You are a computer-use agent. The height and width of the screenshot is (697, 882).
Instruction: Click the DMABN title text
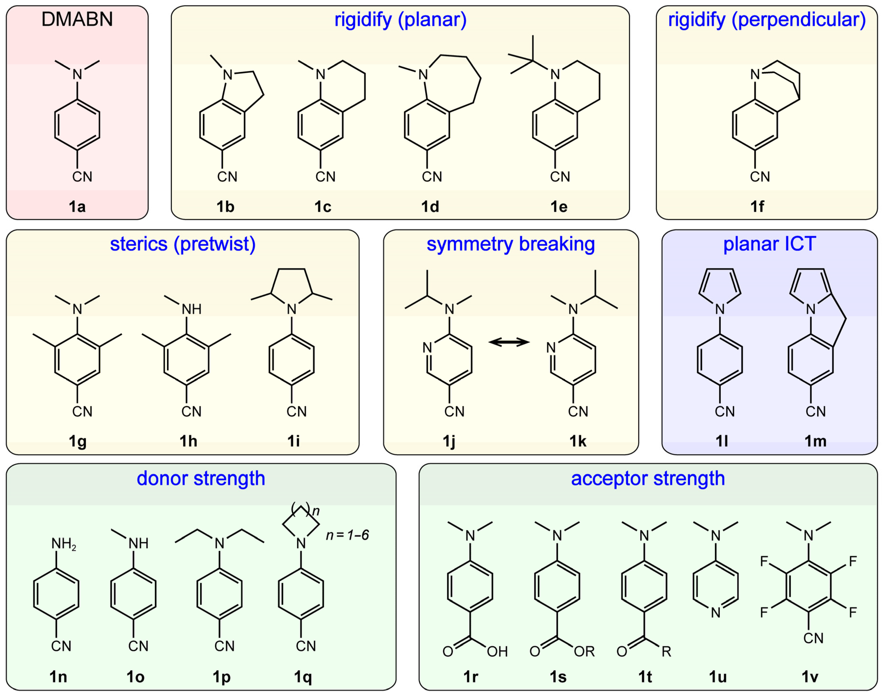point(77,20)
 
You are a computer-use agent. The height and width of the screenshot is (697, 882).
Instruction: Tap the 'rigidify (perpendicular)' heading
point(767,20)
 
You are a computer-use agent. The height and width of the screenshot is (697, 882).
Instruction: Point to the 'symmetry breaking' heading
point(511,244)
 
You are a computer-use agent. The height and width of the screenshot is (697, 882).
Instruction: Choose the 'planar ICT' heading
point(769,244)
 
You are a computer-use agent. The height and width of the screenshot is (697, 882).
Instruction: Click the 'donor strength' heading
point(201,478)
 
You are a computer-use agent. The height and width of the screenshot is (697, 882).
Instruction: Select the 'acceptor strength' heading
point(648,478)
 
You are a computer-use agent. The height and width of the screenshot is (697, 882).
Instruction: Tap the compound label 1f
point(757,207)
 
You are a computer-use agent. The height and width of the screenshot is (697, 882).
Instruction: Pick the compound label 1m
point(815,441)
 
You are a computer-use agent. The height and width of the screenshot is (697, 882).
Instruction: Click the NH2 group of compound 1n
point(63,543)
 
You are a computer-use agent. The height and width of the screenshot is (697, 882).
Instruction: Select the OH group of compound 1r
point(497,652)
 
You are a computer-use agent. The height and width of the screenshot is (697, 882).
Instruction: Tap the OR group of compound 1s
point(584,652)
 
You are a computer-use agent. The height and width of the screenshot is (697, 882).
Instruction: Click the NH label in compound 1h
point(191,309)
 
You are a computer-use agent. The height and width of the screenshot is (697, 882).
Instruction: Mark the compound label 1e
point(559,207)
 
